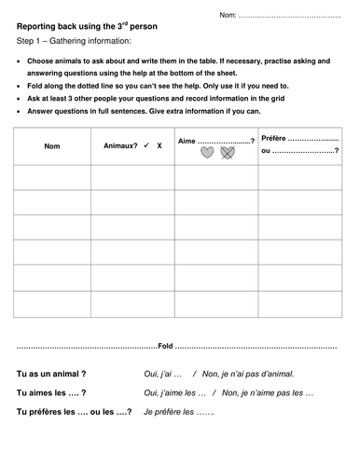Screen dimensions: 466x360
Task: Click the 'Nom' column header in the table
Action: click(x=52, y=146)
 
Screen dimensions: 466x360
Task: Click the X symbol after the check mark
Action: click(x=159, y=146)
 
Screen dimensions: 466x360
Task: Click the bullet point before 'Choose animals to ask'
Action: click(x=21, y=61)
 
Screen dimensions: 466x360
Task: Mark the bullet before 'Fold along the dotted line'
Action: click(x=21, y=85)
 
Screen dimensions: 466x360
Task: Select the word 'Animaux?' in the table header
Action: click(x=118, y=146)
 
